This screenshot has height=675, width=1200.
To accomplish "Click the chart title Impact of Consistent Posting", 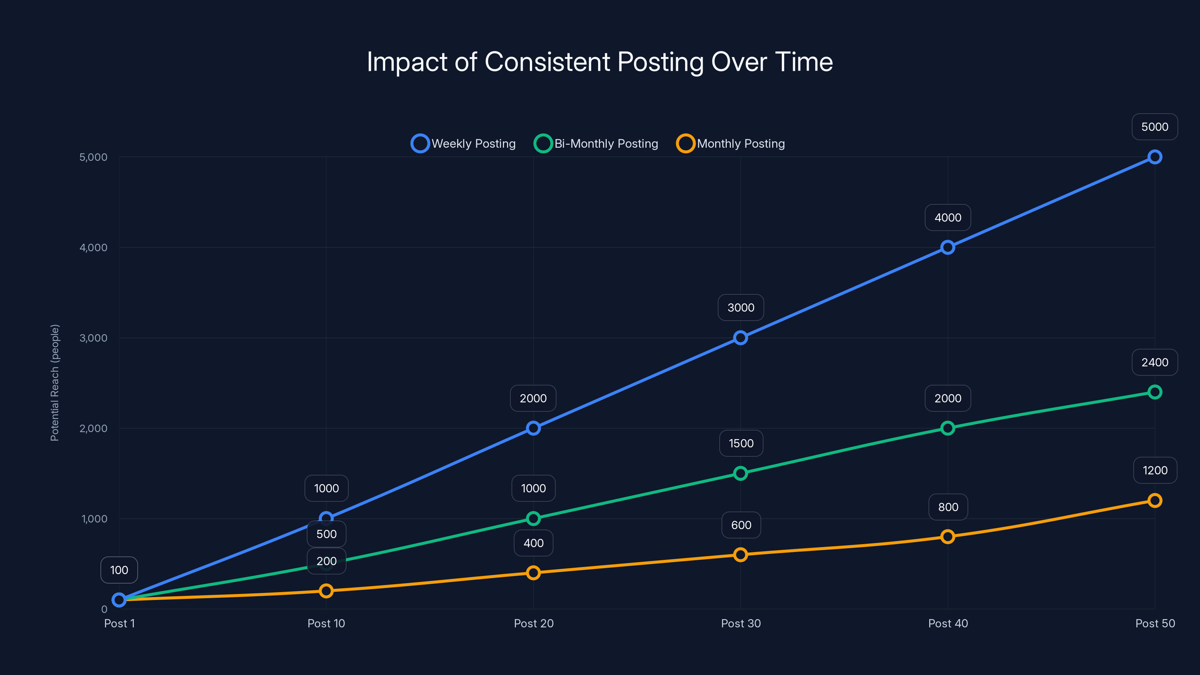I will [600, 62].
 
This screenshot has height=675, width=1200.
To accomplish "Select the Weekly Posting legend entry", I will [463, 144].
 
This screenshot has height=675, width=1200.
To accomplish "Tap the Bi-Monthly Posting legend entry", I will [596, 144].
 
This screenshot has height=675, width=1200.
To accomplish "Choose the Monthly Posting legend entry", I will [730, 144].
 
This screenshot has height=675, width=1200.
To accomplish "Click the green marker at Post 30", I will [740, 473].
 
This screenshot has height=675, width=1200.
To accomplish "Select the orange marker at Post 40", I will [948, 537].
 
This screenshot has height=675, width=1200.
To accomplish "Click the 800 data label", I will [948, 507].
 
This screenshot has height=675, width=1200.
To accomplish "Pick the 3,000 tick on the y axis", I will [93, 338].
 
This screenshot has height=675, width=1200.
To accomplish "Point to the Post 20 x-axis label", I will [533, 623].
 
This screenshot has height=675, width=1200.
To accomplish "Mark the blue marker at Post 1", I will [119, 600].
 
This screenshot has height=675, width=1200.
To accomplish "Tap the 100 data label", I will [119, 570].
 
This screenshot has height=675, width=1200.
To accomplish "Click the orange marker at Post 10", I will [326, 591].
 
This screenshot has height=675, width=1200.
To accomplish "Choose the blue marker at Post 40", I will [948, 247].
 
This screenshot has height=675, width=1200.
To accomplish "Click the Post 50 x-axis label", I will [1155, 623].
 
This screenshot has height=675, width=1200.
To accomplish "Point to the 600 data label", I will [741, 525].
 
